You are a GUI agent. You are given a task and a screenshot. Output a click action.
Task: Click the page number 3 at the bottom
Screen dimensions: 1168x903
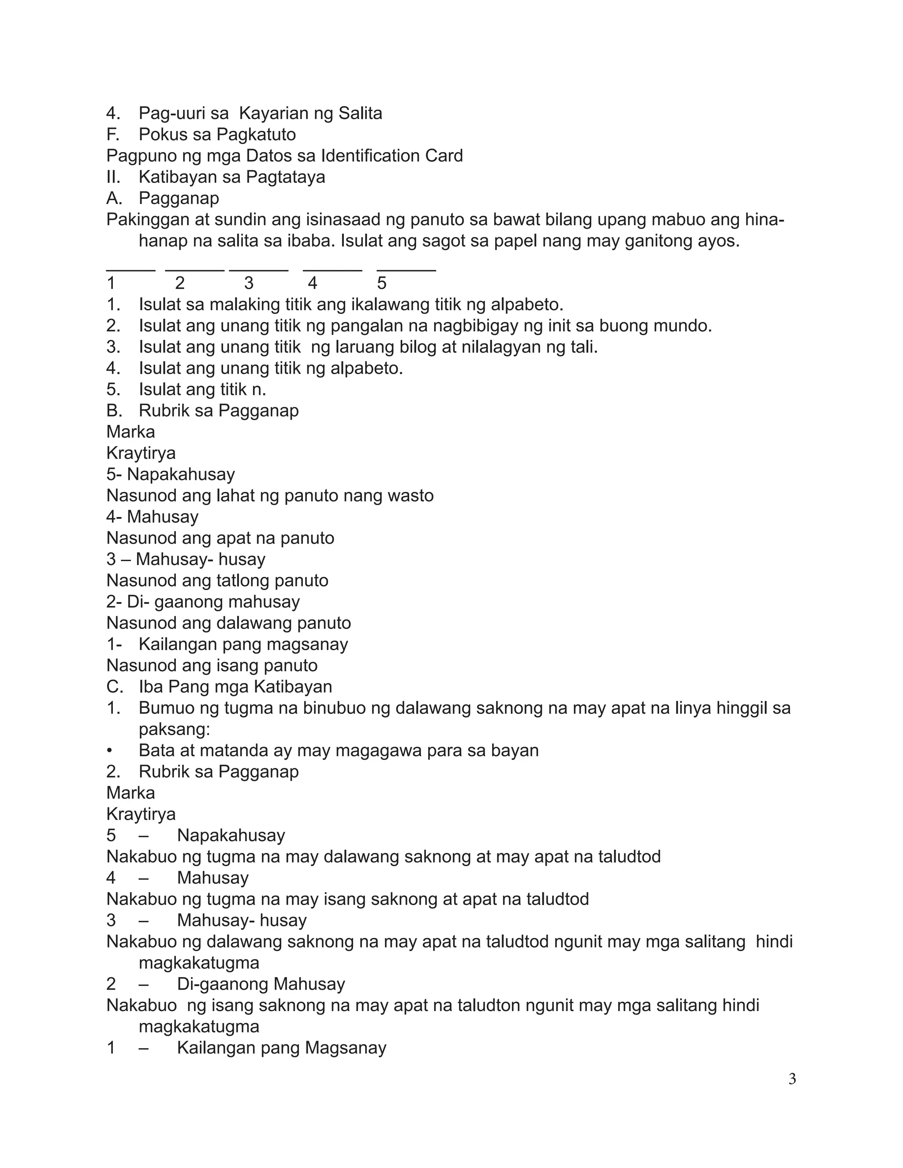point(792,1079)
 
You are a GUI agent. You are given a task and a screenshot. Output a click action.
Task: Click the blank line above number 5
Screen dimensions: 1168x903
point(406,270)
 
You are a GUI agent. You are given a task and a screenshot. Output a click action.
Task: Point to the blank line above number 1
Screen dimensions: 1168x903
point(131,270)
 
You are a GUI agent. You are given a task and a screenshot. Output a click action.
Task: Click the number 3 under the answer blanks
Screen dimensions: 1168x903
point(249,283)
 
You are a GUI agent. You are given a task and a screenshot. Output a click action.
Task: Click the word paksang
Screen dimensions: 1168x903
point(174,729)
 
